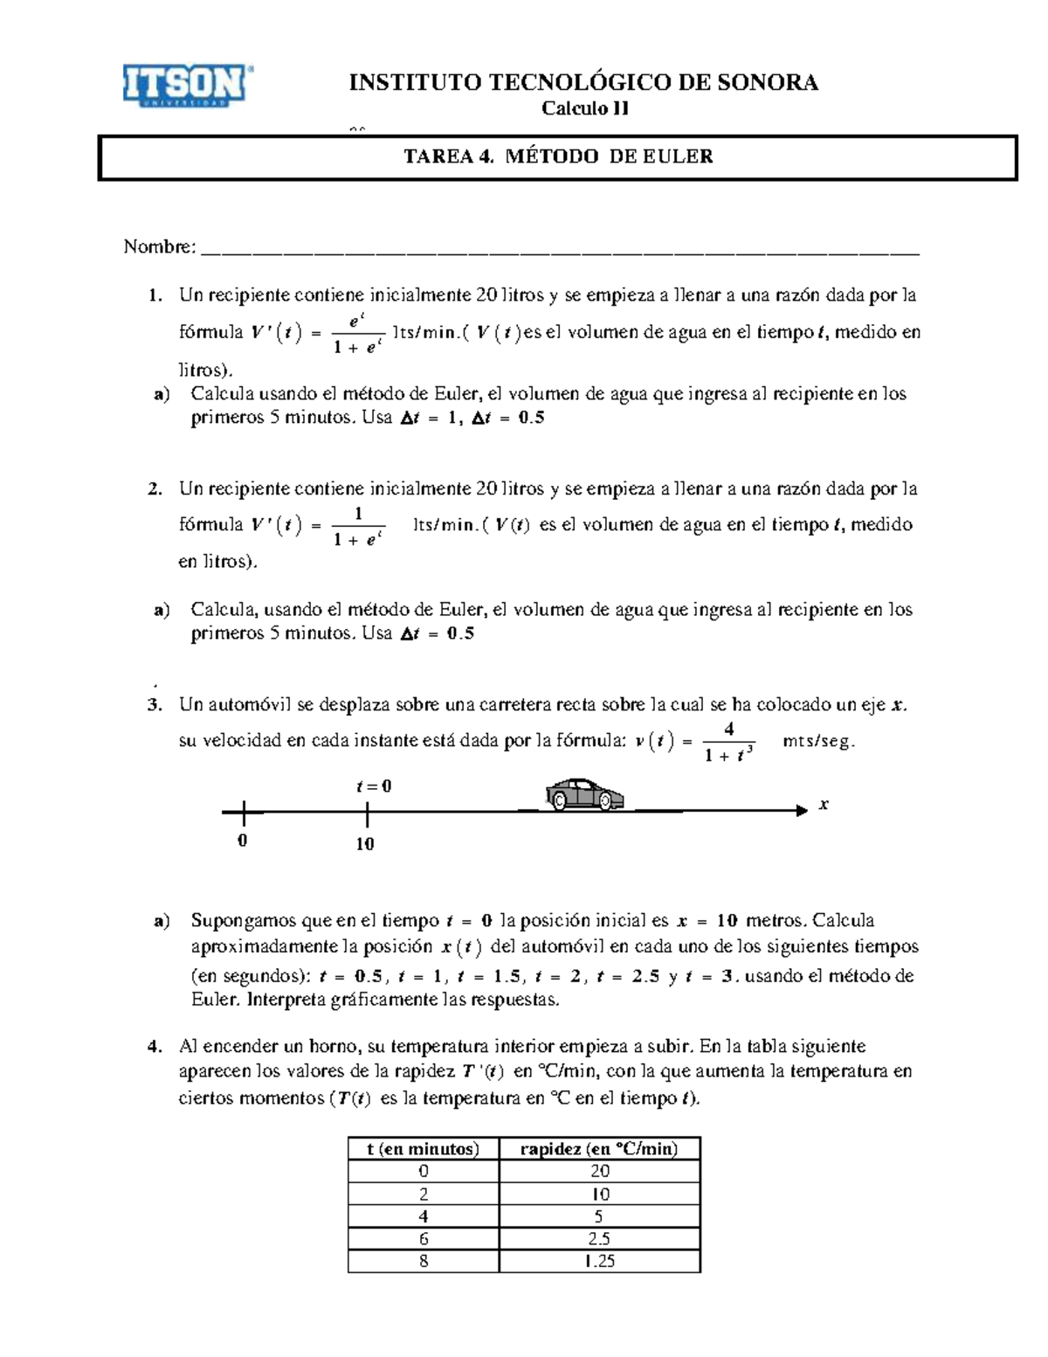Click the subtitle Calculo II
(584, 108)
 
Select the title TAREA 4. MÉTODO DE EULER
(558, 156)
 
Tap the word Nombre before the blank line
(159, 246)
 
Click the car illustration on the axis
(584, 794)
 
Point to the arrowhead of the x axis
(801, 811)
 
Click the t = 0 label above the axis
(374, 786)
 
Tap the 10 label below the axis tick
(365, 843)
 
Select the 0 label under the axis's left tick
(243, 841)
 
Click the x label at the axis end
(823, 804)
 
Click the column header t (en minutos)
(424, 1148)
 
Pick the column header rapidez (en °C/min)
(599, 1148)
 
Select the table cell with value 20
(599, 1171)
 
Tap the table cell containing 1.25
(599, 1261)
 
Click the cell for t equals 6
(424, 1238)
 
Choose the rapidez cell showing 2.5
(599, 1238)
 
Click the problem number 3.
(155, 704)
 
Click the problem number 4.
(155, 1046)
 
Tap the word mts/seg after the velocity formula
(818, 742)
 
